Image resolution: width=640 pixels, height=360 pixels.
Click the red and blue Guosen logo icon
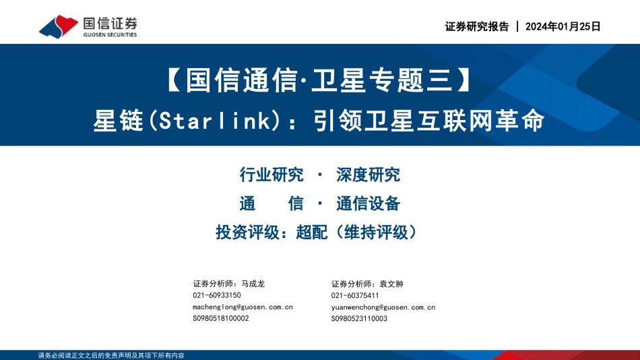click(x=59, y=26)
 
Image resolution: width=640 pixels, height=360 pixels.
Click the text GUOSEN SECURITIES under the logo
click(x=110, y=35)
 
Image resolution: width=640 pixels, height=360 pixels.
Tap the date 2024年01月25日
click(x=563, y=26)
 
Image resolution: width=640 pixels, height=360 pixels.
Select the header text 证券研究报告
click(x=477, y=26)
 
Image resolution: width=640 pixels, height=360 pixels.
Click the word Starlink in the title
click(x=215, y=121)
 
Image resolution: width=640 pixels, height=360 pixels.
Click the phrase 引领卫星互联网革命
click(x=429, y=121)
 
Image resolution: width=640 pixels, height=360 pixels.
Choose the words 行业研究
click(x=271, y=175)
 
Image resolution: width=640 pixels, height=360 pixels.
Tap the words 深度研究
click(x=368, y=175)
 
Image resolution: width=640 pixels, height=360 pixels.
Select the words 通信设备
click(x=368, y=204)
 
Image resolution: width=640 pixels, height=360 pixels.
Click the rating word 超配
click(x=312, y=232)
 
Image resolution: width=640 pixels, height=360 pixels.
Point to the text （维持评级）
click(x=376, y=232)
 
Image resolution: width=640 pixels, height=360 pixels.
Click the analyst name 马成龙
click(x=253, y=284)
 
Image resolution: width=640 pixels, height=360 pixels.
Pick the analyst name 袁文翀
click(x=391, y=284)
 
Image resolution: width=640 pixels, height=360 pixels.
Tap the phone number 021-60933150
click(x=217, y=295)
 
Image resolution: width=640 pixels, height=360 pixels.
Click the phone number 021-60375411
click(x=355, y=295)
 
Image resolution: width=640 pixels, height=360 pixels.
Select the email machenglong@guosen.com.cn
click(x=243, y=307)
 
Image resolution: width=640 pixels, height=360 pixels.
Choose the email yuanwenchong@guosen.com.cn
click(x=383, y=307)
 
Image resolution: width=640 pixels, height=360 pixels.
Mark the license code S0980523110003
click(x=359, y=318)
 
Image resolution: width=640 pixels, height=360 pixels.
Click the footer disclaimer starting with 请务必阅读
click(x=111, y=355)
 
